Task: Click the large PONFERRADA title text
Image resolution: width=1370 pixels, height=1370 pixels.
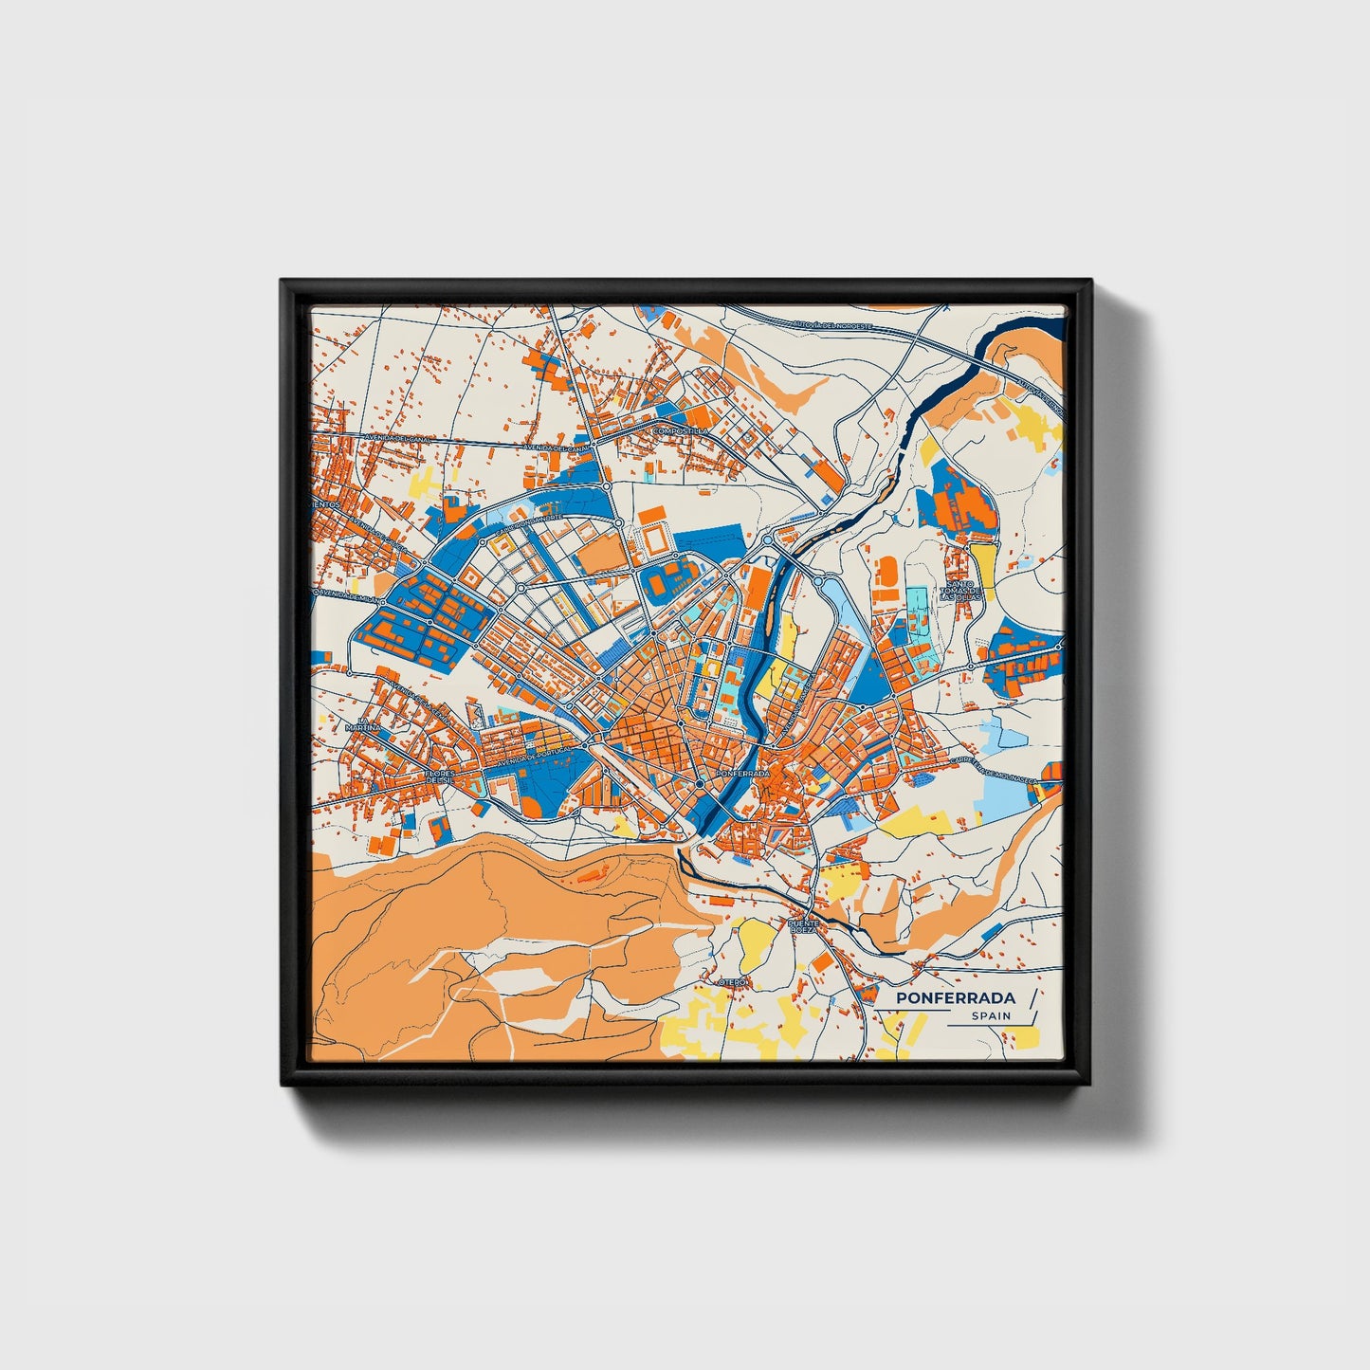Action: tap(955, 998)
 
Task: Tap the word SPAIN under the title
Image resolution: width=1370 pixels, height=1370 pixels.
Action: tap(990, 1016)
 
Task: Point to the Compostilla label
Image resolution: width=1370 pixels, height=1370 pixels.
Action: tap(680, 431)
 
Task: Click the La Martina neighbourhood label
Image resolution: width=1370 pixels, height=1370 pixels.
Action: tap(364, 727)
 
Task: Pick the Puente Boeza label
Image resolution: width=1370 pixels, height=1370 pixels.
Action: tap(802, 926)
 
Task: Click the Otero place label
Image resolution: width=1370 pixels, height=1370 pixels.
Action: tap(733, 982)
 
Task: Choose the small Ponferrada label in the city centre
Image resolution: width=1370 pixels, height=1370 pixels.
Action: tap(743, 774)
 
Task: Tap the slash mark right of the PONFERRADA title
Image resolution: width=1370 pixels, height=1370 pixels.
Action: tap(1032, 996)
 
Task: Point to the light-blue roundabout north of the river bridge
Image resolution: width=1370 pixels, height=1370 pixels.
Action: tap(767, 539)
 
